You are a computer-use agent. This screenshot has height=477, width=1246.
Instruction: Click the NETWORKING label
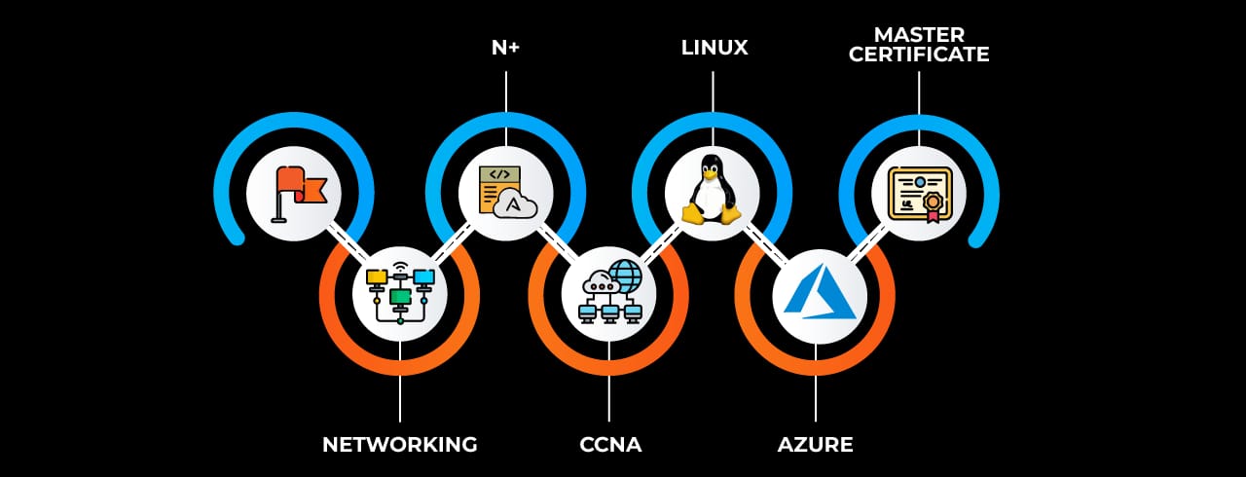coord(399,445)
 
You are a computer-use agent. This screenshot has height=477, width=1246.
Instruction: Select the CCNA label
coord(610,445)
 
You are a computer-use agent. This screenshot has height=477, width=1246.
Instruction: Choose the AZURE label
coord(815,445)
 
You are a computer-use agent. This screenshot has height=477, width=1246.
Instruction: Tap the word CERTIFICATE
coord(919,55)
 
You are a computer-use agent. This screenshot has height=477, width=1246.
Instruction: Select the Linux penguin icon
coord(713,189)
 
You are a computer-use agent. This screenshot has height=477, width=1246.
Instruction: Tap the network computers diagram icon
coord(400,292)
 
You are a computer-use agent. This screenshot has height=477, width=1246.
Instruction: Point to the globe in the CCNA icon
coord(624,275)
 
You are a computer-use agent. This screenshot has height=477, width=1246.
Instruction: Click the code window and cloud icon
coord(505,191)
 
